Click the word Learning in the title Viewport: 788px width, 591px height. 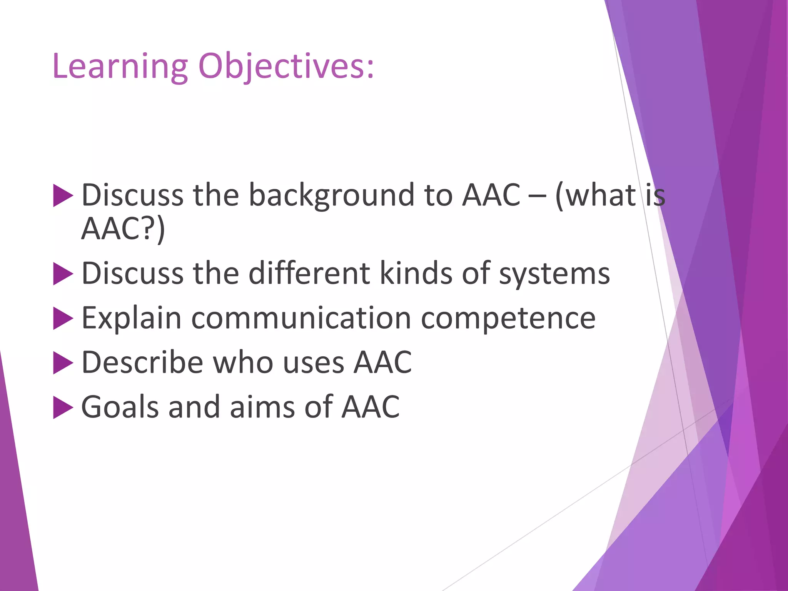[120, 67]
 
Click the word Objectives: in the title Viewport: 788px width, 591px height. [286, 67]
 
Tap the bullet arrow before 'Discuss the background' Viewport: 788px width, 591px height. [63, 195]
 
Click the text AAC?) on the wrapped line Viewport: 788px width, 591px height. [123, 229]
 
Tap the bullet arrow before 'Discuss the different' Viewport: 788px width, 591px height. [63, 274]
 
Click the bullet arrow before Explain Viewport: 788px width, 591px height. [63, 319]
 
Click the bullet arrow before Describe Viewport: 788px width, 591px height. [63, 363]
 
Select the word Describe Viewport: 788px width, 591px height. [142, 363]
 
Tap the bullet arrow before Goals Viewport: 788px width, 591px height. [63, 407]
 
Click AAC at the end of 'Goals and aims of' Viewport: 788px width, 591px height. [371, 407]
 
